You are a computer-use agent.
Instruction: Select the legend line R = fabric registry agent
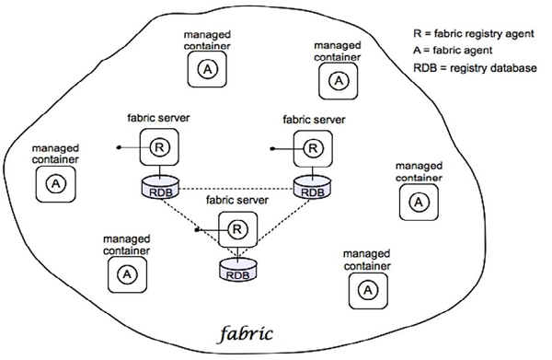(474, 33)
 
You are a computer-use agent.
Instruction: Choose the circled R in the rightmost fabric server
(313, 146)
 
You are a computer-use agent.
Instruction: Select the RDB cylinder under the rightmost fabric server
(312, 189)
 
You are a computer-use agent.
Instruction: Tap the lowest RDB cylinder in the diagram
(236, 272)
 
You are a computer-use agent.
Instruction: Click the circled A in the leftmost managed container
(55, 184)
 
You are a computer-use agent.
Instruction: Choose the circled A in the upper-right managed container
(339, 81)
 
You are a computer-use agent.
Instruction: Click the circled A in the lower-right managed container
(367, 289)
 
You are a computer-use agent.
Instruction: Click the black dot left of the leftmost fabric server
(119, 146)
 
